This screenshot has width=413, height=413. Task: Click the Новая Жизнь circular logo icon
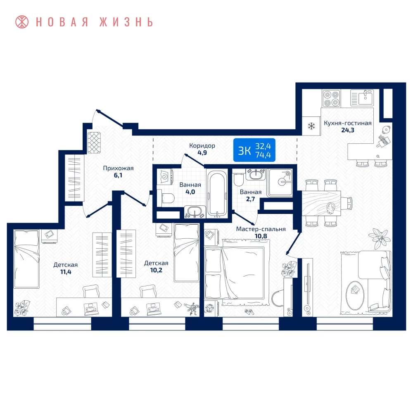tap(22, 22)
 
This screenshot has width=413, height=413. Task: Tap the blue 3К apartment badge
tap(254, 150)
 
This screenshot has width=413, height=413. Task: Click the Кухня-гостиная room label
tap(347, 123)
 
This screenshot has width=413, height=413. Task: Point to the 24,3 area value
tap(348, 130)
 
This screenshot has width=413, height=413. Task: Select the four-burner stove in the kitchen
tap(331, 98)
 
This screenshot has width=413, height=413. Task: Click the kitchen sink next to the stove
tap(362, 98)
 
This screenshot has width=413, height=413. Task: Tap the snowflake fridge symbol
tap(311, 126)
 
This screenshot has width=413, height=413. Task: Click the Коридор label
tap(202, 146)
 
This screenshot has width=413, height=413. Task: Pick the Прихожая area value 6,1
tap(118, 175)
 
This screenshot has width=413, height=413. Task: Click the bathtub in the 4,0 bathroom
tap(217, 194)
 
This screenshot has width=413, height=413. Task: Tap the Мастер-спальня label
tap(261, 229)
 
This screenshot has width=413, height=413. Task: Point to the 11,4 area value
tap(66, 272)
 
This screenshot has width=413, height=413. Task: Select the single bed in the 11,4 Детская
tap(26, 259)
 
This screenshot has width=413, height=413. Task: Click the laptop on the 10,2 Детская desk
tap(153, 308)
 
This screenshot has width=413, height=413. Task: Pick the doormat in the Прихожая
tap(94, 142)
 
